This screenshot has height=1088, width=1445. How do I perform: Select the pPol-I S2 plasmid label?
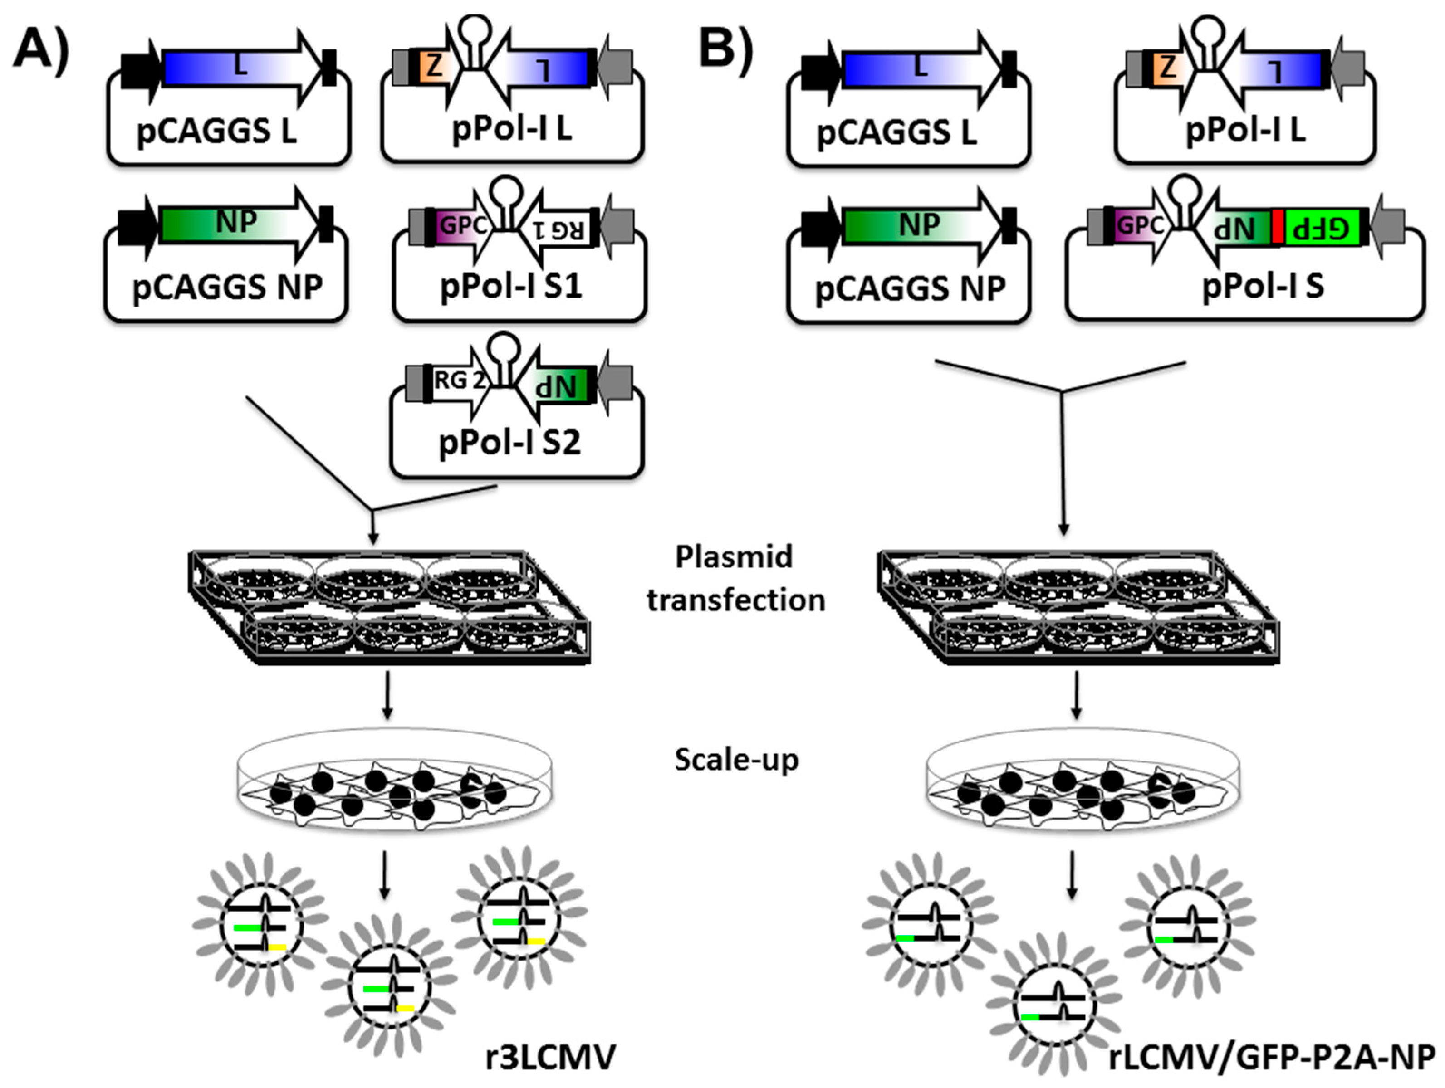509,442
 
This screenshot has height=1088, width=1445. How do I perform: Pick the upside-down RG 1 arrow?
558,229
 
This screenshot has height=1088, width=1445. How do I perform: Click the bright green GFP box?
1326,229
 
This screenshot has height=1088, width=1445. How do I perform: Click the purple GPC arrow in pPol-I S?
1140,226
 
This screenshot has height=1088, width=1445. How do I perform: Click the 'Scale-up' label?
736,760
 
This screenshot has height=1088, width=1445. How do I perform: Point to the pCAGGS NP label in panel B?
910,288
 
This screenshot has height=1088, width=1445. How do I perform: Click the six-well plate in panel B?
1078,607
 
